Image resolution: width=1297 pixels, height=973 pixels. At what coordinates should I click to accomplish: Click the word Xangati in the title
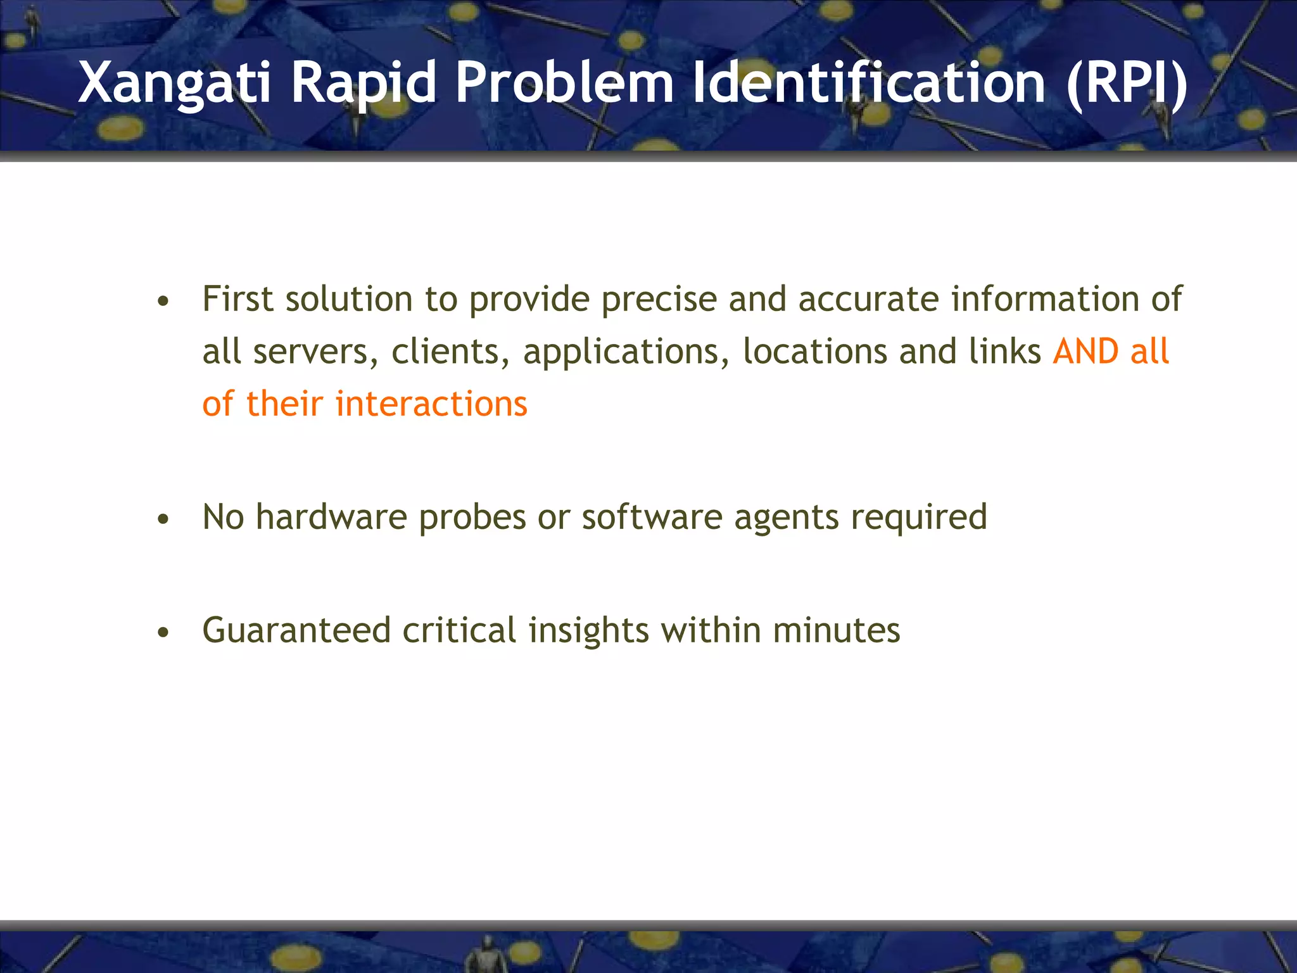[174, 83]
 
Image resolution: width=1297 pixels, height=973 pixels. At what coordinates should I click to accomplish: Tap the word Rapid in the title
[364, 83]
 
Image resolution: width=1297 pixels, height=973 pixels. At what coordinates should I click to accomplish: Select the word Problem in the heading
[564, 83]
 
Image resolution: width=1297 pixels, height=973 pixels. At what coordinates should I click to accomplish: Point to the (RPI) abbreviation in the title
[1127, 83]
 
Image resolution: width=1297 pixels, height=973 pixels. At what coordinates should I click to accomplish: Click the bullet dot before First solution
[163, 302]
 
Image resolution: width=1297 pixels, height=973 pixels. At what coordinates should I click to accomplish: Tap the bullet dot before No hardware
[163, 519]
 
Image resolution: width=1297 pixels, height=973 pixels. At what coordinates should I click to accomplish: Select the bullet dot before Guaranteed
[163, 632]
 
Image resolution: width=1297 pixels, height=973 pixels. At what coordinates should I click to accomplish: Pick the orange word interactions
[431, 404]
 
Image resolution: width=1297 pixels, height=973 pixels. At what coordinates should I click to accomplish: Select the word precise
[659, 300]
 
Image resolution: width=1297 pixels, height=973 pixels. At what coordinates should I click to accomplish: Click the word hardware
[331, 517]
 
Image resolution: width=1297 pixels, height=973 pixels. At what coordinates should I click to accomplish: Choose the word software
[652, 517]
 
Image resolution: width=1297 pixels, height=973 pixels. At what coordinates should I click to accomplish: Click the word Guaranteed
[296, 631]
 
